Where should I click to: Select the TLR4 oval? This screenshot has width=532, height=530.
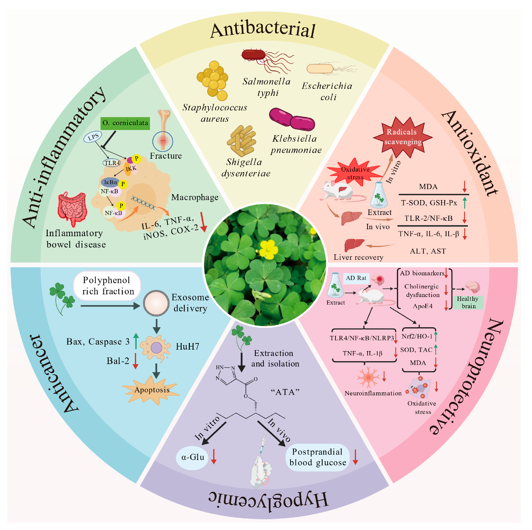(x=112, y=163)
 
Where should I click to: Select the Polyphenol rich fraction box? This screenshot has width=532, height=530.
(x=107, y=286)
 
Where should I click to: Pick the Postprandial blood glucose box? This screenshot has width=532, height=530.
(x=317, y=457)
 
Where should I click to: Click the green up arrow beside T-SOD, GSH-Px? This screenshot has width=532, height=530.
(x=465, y=203)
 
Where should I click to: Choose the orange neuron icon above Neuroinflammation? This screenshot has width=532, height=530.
(x=368, y=377)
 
